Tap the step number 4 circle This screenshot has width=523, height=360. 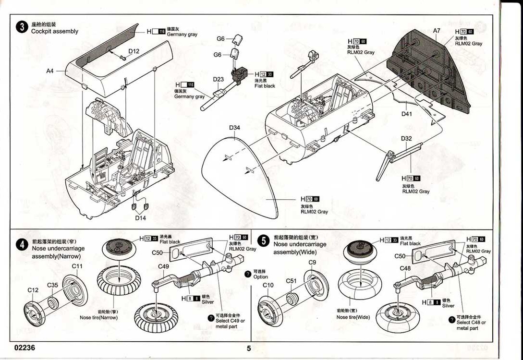22,244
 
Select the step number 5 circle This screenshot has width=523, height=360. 263,240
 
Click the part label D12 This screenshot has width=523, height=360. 134,51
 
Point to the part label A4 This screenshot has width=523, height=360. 50,71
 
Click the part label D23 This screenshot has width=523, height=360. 219,80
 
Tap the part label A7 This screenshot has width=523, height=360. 437,30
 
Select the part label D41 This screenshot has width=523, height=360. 407,114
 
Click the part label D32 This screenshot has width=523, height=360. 406,139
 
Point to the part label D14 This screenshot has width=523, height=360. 140,218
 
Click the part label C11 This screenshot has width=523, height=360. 77,266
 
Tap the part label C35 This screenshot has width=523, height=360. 52,285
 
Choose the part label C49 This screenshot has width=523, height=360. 164,266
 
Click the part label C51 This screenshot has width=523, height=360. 292,281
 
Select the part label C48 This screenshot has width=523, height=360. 405,268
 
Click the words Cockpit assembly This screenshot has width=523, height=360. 54,31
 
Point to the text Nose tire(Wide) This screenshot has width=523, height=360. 353,317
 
